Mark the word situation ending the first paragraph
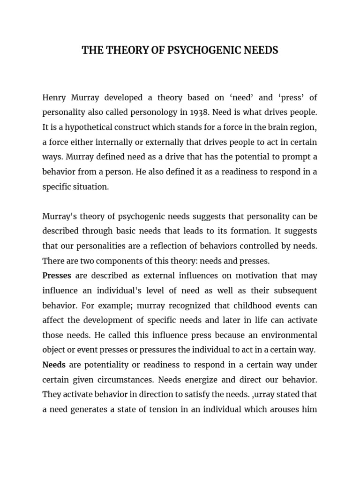pyautogui.click(x=90, y=186)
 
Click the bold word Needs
pyautogui.click(x=54, y=364)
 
